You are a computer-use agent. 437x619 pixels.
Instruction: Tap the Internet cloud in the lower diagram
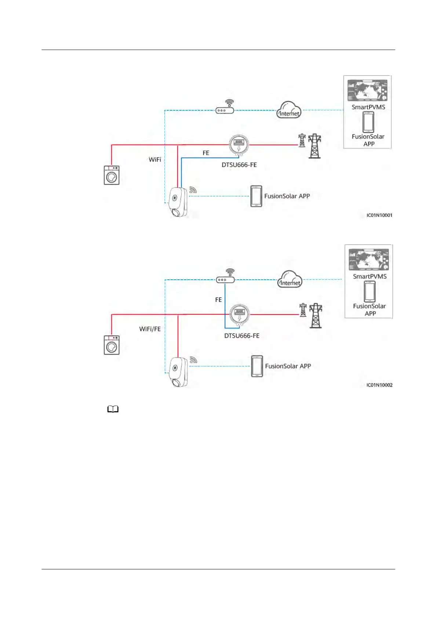click(x=289, y=279)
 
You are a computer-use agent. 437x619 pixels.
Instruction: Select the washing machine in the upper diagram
click(x=112, y=175)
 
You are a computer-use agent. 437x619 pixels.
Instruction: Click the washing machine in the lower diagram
click(x=112, y=345)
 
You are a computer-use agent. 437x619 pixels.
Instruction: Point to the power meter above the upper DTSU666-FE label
click(x=239, y=144)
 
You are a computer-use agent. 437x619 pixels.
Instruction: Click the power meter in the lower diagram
click(x=240, y=314)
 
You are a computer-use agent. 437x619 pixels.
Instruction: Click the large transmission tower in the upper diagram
click(x=314, y=146)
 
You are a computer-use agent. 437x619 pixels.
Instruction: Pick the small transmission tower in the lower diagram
click(x=303, y=310)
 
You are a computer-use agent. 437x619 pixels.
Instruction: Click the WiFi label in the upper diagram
click(x=155, y=160)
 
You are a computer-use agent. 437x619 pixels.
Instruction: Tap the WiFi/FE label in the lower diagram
click(x=150, y=329)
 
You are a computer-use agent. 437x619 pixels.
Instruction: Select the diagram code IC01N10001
click(x=379, y=215)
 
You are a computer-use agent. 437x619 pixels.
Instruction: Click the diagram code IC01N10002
click(x=379, y=385)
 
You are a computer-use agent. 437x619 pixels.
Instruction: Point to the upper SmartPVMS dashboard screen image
click(x=367, y=90)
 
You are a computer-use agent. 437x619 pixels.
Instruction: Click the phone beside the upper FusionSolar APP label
click(x=256, y=196)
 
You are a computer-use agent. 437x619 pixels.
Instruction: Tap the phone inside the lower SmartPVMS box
click(x=369, y=291)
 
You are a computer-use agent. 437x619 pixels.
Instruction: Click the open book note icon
click(x=113, y=409)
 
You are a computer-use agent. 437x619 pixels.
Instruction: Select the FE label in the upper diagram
click(x=206, y=153)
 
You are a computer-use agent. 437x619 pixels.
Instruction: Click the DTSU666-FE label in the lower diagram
click(x=242, y=336)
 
